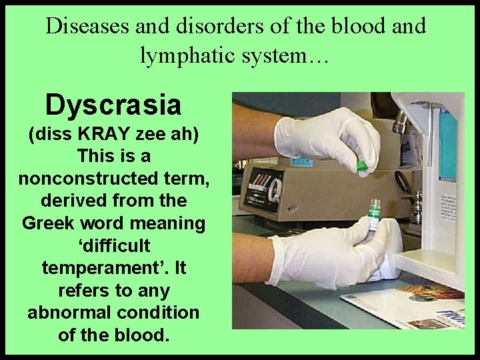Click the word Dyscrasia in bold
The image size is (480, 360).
click(113, 105)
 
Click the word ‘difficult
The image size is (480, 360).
click(113, 246)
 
